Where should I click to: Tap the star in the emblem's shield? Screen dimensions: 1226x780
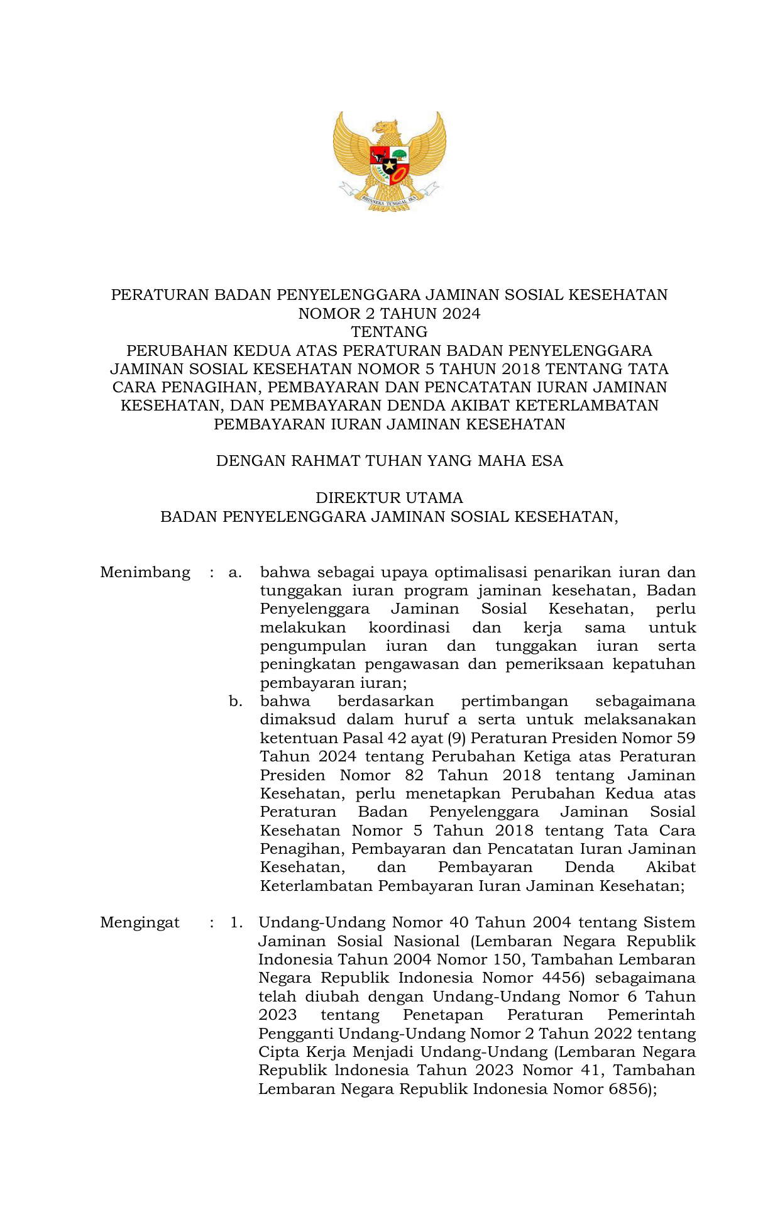click(390, 167)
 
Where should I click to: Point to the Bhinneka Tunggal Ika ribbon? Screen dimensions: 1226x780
click(389, 200)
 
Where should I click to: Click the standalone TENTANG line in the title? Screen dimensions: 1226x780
click(389, 331)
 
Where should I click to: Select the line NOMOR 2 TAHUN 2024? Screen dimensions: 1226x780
click(389, 313)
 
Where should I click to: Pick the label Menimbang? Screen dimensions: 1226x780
click(145, 572)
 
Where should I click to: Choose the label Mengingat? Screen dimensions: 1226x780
click(140, 922)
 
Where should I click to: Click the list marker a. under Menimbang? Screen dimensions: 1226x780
click(235, 572)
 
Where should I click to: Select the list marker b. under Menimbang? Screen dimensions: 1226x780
click(236, 701)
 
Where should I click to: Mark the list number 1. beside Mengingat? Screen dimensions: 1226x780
click(236, 922)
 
